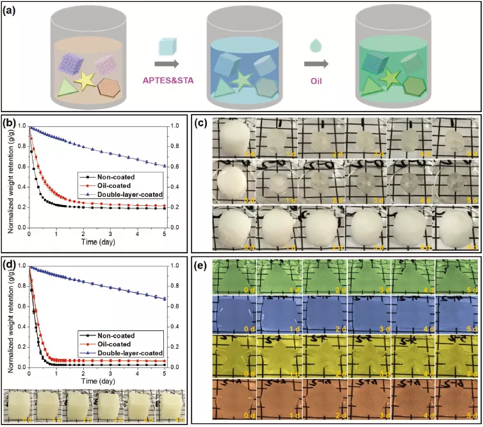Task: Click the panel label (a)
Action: coord(12,10)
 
